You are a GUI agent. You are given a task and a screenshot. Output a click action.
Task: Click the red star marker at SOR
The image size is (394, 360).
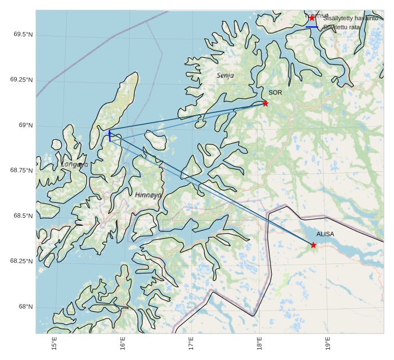(x=265, y=103)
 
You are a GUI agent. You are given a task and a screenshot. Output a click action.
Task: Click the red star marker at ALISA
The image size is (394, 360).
(x=313, y=245)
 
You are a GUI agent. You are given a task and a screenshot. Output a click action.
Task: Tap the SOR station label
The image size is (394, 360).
(x=275, y=93)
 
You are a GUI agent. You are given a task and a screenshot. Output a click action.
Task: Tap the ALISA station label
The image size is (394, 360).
(x=325, y=234)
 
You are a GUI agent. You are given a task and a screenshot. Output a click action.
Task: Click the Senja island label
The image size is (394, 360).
(x=225, y=75)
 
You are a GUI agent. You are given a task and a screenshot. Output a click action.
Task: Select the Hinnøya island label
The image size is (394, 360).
(x=148, y=195)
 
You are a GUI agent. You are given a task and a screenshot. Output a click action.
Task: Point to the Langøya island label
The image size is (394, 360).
(x=75, y=165)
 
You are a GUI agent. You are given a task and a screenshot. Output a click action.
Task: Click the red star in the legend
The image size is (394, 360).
(x=312, y=18)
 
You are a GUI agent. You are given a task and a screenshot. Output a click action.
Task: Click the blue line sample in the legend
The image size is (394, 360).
(x=312, y=27)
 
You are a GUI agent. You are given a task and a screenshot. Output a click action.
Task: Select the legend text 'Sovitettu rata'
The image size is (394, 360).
(x=342, y=27)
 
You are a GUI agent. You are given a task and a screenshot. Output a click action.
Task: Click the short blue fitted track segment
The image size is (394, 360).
(x=109, y=135)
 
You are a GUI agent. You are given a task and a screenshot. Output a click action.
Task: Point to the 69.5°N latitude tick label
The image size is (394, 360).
(x=23, y=34)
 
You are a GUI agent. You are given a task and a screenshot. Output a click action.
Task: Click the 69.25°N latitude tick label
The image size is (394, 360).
(x=21, y=80)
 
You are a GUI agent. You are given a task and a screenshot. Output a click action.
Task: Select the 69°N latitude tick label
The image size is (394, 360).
(x=25, y=125)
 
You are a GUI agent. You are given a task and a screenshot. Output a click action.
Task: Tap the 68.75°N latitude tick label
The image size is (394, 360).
(x=21, y=170)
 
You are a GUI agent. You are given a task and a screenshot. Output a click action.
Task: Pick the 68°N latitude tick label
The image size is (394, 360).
(x=25, y=307)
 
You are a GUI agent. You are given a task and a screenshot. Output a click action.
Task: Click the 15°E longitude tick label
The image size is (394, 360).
(x=54, y=343)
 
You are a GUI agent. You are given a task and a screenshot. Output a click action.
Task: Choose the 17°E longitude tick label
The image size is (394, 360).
(x=191, y=343)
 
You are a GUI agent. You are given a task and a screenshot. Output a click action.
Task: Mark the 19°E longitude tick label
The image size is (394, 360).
(x=327, y=343)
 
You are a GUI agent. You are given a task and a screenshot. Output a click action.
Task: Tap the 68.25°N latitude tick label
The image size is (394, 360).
(x=21, y=261)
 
